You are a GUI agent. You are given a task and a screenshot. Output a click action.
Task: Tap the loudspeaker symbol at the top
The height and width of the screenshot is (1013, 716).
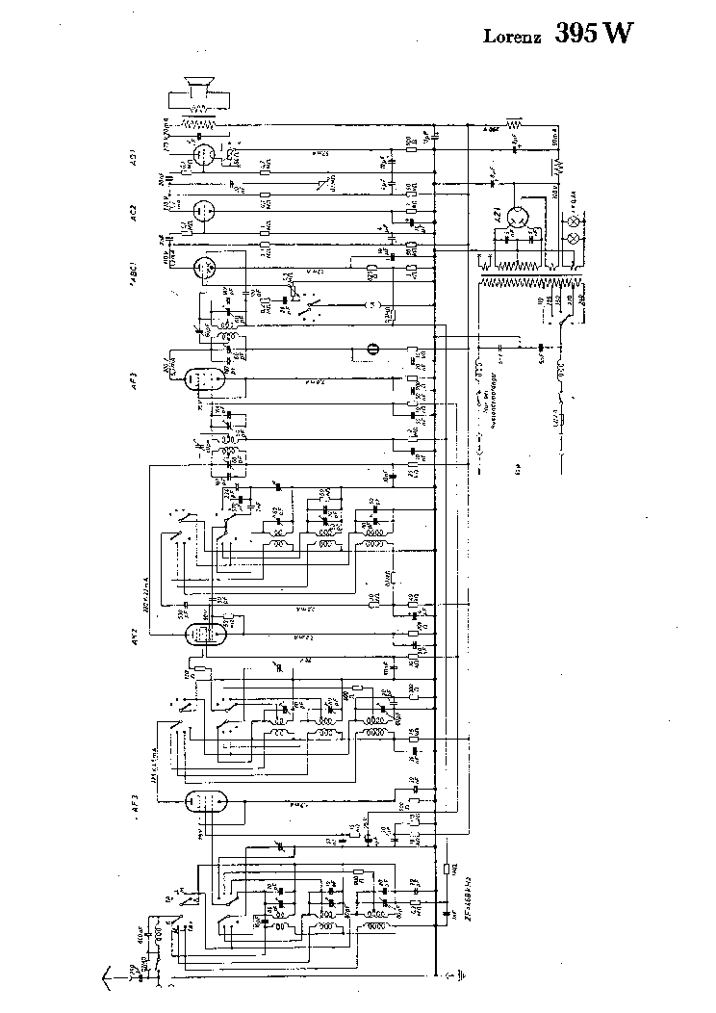tap(200, 92)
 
